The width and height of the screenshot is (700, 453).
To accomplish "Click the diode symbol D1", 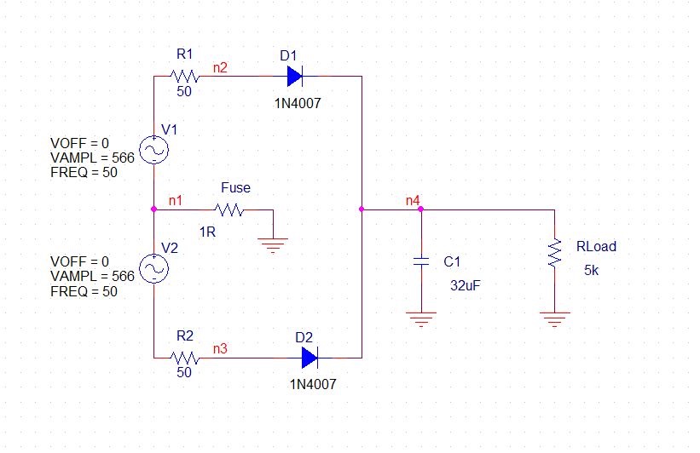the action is click(295, 77).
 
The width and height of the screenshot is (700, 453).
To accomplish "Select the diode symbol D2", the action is click(310, 358).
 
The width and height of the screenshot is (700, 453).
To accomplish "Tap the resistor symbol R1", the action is click(184, 77).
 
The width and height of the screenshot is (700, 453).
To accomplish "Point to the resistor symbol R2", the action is click(184, 358).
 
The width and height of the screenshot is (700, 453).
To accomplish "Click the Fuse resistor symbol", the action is click(229, 209).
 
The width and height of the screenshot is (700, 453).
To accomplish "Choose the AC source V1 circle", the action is click(154, 150).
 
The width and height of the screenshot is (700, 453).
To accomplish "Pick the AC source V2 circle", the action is click(154, 269).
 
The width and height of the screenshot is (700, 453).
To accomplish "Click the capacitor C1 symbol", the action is click(421, 261).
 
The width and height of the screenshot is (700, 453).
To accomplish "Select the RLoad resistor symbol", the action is click(554, 253).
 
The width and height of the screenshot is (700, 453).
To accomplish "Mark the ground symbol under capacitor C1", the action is click(421, 319).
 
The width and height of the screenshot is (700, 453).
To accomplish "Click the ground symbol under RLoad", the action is click(554, 319).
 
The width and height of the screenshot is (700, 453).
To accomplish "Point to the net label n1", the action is click(176, 201).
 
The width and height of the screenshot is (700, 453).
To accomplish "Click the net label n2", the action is click(220, 67).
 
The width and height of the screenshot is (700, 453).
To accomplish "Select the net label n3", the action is click(220, 348).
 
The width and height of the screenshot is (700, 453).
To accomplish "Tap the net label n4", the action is click(413, 201).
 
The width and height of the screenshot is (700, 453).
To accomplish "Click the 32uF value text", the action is click(466, 285).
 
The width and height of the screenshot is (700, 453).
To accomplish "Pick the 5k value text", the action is click(592, 270).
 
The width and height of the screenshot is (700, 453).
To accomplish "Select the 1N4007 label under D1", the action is click(298, 103).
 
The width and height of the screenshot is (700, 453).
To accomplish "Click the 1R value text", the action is click(207, 232).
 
